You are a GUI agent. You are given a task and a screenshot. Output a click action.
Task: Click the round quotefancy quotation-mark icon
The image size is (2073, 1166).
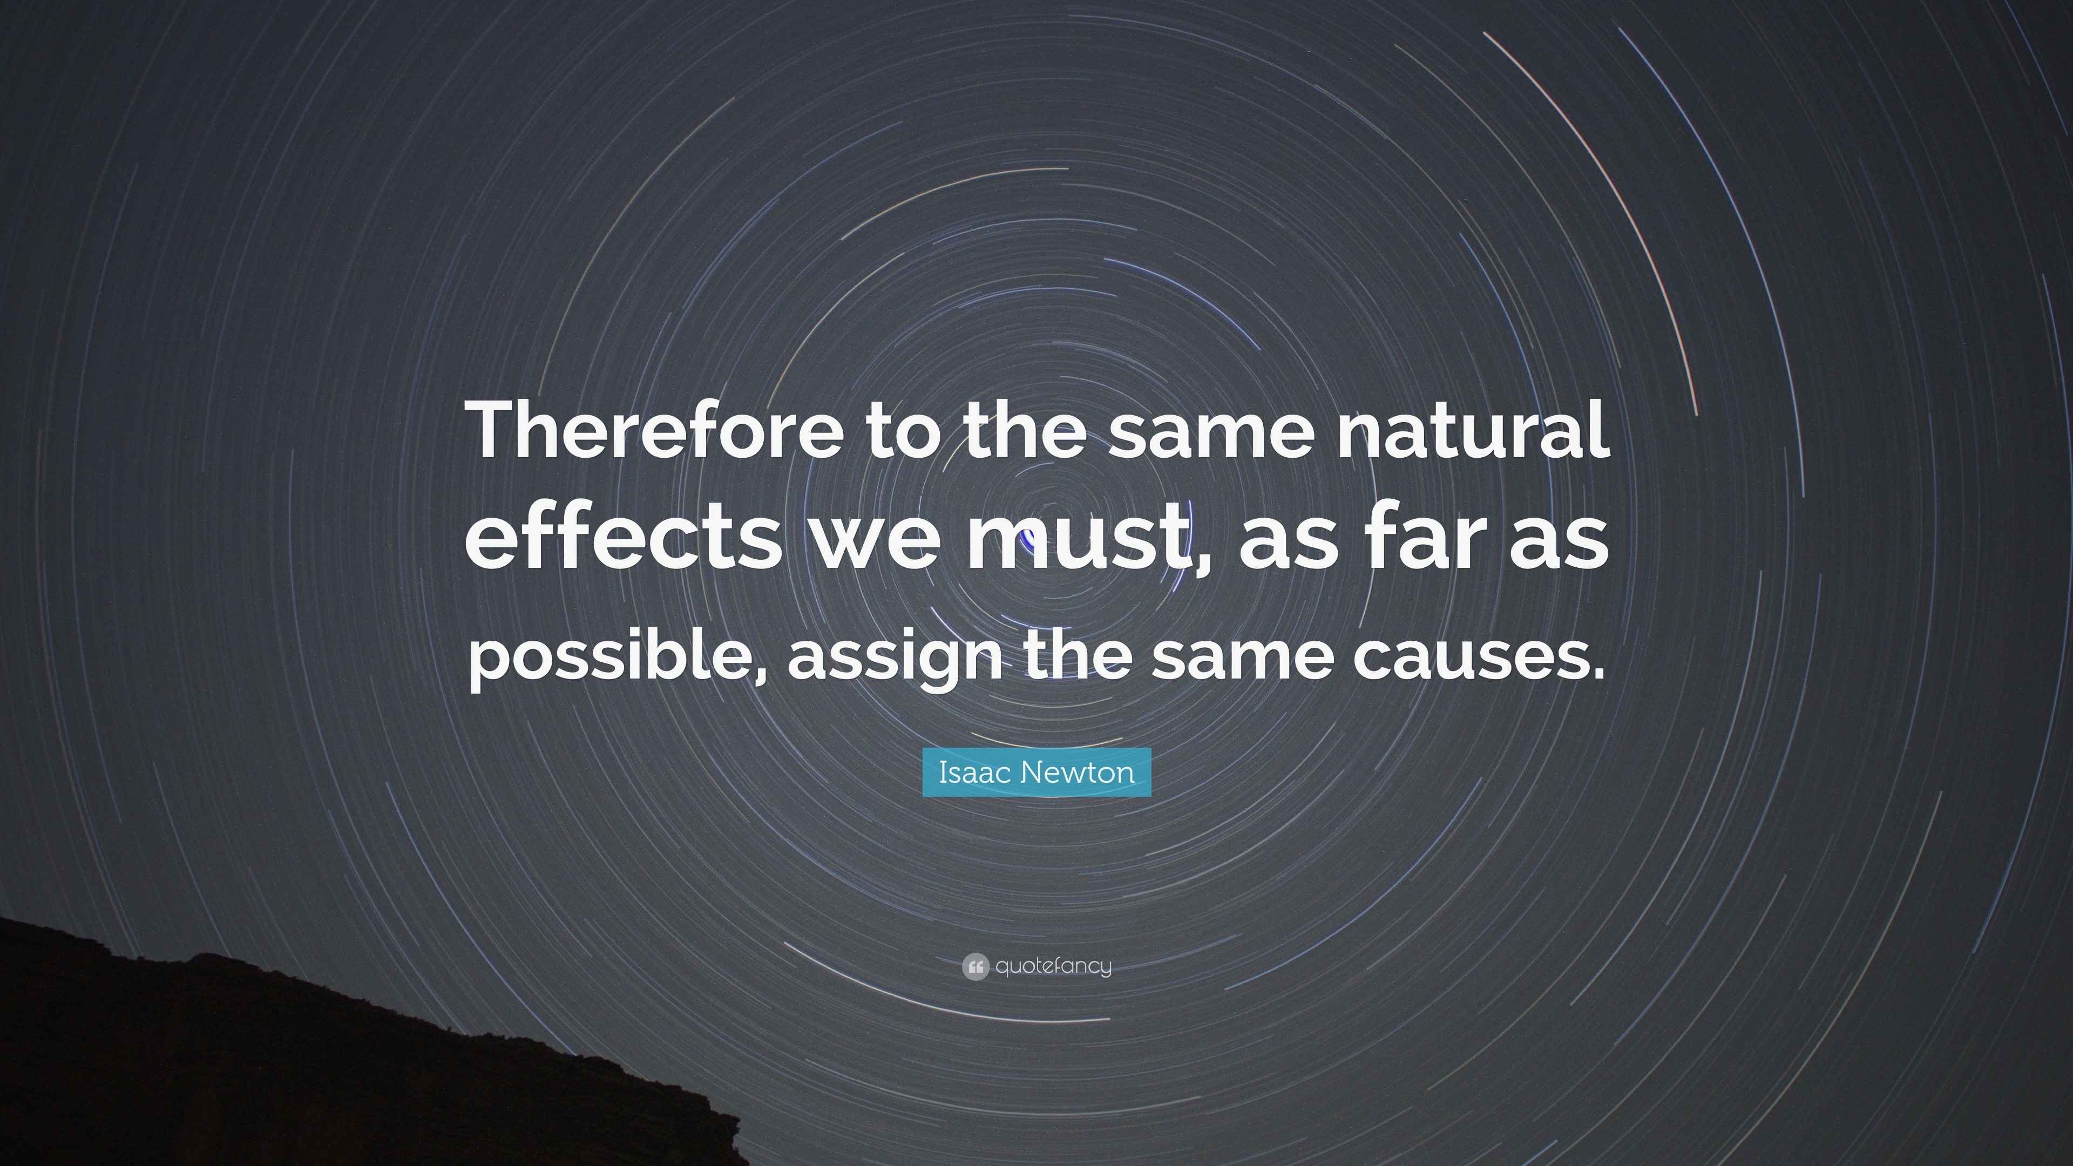tap(974, 966)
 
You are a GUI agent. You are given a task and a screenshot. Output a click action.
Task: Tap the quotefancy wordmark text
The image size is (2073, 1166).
tap(1053, 966)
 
